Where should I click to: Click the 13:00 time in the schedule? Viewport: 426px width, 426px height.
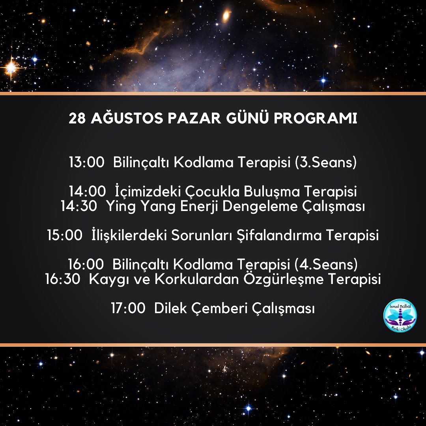87,162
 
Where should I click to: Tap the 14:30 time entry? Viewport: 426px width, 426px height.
79,206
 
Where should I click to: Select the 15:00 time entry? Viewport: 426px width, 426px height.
65,235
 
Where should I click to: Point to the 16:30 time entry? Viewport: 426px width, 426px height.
63,279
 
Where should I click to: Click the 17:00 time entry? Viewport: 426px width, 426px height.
128,308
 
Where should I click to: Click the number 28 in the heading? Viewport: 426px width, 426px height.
77,118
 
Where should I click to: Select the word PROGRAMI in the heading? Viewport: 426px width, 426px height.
316,118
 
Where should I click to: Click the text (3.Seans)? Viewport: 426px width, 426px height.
326,163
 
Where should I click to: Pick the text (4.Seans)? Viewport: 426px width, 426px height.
326,264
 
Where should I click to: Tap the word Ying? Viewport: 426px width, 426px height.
121,207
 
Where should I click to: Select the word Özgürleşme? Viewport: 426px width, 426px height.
283,279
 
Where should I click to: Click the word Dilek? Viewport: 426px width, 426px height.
170,308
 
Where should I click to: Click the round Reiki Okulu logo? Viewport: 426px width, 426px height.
400,316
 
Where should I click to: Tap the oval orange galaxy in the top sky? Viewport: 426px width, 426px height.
226,15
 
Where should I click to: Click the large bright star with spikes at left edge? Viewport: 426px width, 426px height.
11,67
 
